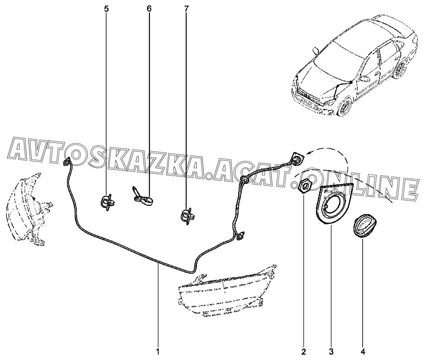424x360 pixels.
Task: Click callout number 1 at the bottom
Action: [x=157, y=352]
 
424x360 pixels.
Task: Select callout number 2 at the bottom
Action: [x=303, y=352]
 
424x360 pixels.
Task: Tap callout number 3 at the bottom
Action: [x=331, y=352]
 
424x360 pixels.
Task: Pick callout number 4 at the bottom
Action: [x=363, y=352]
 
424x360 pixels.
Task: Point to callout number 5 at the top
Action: [x=106, y=9]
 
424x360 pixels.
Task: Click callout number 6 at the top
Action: [x=149, y=9]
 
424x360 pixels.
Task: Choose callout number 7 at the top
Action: [x=186, y=9]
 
